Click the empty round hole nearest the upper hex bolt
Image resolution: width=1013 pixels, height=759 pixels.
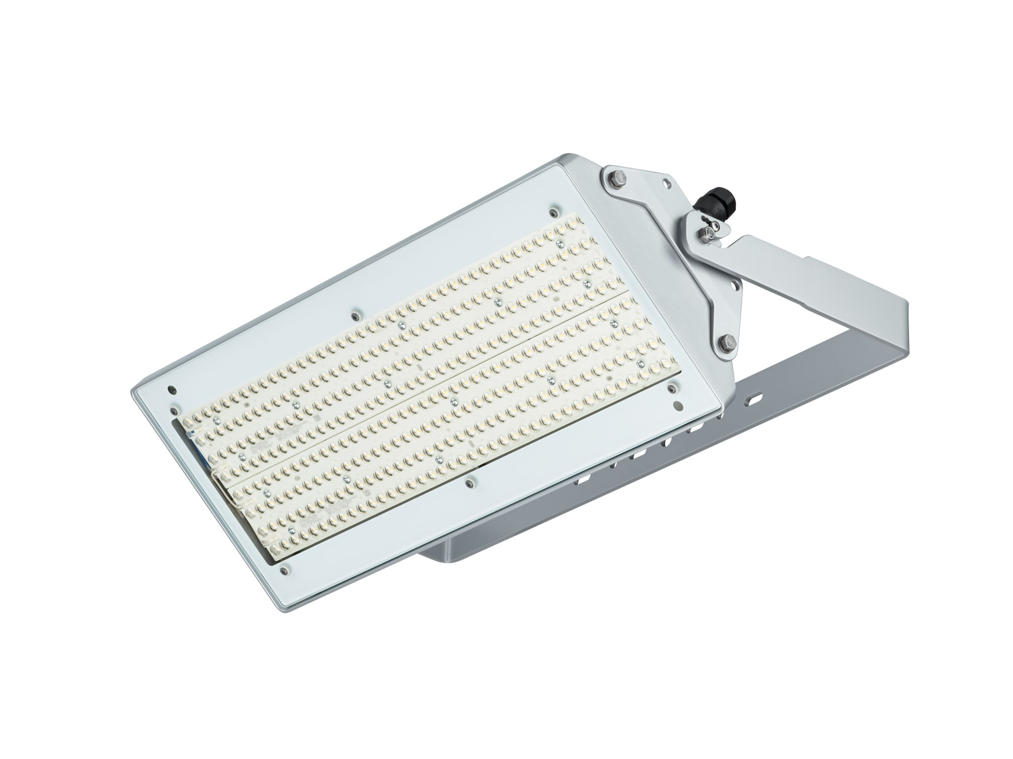[x=666, y=182]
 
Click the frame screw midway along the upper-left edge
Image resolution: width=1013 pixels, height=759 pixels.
[x=355, y=316]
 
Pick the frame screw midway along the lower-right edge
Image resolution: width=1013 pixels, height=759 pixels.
[x=469, y=483]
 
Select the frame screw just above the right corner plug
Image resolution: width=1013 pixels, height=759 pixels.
[x=672, y=387]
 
